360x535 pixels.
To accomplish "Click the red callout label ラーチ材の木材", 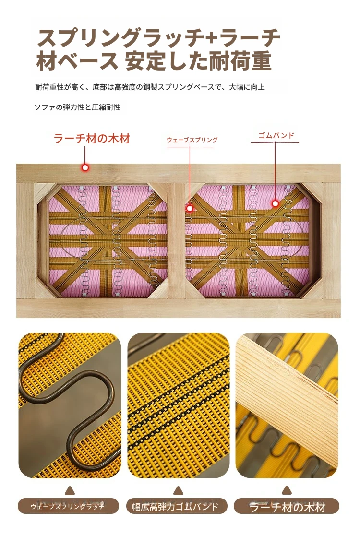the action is (92, 139).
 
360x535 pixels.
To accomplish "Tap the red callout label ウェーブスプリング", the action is (192, 140).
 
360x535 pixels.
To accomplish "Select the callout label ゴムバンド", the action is (276, 135).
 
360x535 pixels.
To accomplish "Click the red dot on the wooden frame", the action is (85, 167).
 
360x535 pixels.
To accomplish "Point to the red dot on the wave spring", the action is (190, 208).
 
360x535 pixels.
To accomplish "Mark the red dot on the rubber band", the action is (275, 204).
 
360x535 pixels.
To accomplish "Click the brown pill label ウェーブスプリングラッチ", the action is (68, 506).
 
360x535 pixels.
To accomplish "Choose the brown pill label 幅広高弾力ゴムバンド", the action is (177, 506).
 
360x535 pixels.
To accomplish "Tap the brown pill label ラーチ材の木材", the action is (287, 506).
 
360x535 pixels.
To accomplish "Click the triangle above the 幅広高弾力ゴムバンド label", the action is (178, 491).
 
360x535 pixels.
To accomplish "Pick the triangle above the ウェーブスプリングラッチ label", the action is (70, 491).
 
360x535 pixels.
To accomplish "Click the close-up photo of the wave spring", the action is (70, 405).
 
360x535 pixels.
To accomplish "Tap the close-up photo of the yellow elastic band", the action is (179, 405).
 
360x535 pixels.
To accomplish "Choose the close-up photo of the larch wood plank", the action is (287, 405).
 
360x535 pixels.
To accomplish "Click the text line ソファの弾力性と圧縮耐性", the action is (77, 107).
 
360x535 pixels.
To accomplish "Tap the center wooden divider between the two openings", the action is (177, 240).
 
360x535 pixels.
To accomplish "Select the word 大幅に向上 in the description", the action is (247, 87).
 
